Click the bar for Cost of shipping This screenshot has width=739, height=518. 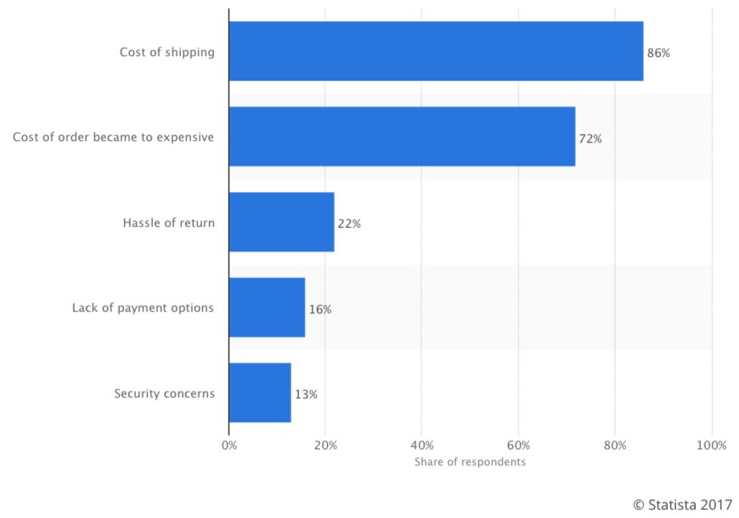tap(436, 52)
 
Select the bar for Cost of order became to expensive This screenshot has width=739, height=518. tap(402, 137)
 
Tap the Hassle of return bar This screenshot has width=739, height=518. tap(281, 222)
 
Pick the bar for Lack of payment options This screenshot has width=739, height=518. tap(267, 307)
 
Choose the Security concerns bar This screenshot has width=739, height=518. tap(260, 393)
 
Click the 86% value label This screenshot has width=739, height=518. tap(658, 53)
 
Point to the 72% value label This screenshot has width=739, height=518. tap(590, 138)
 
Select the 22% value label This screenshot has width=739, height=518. tap(349, 223)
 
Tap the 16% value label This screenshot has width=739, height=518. tap(320, 309)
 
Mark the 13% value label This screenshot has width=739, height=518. tap(306, 394)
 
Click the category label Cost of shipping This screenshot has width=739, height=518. tap(166, 53)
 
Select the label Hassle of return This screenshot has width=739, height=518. tap(168, 223)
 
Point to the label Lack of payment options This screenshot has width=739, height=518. tap(143, 307)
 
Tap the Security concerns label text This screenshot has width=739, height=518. tap(164, 393)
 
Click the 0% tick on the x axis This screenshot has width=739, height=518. tap(228, 445)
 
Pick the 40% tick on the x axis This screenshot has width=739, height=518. tap(422, 445)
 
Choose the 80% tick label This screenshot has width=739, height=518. tap(615, 445)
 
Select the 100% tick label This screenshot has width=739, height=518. tap(711, 445)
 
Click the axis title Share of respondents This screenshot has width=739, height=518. tap(470, 462)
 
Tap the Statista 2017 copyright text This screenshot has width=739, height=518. tap(682, 503)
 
